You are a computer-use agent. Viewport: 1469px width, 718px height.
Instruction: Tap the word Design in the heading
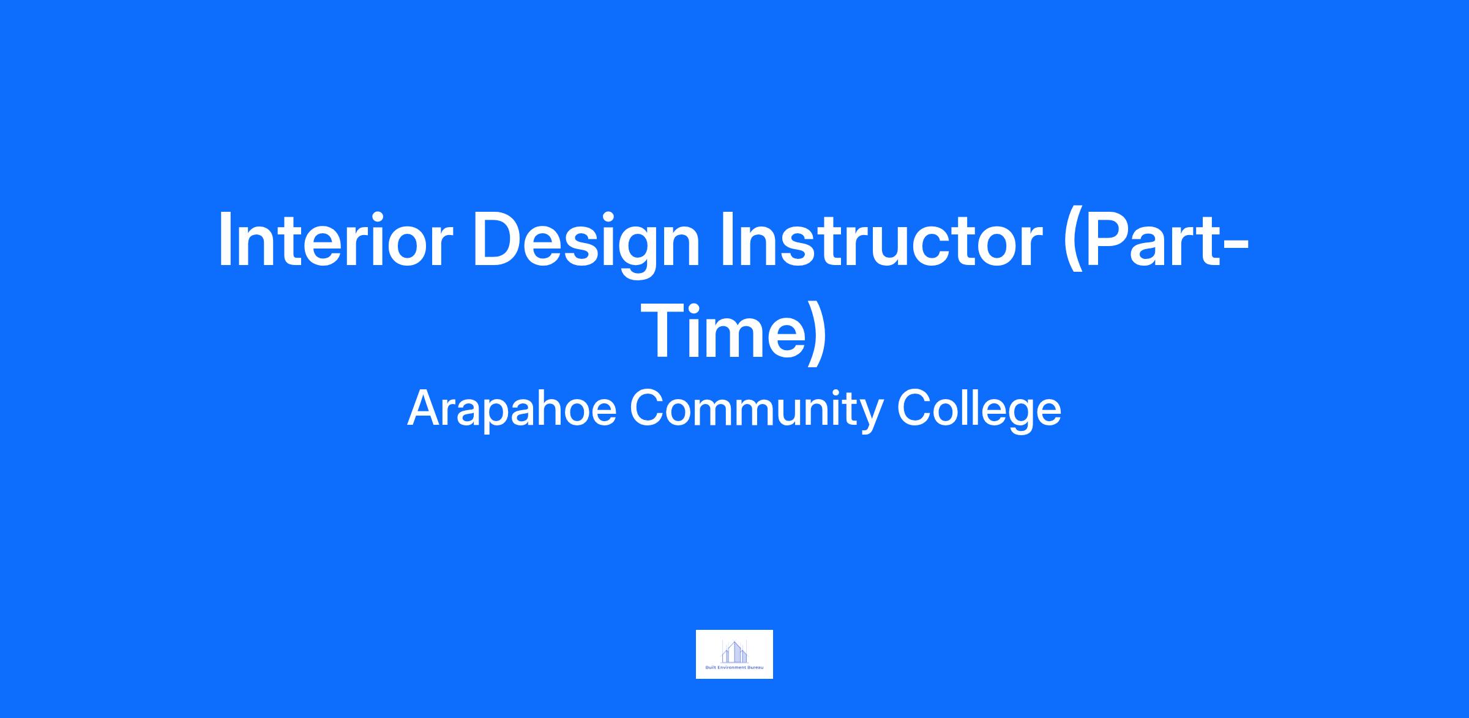click(x=586, y=245)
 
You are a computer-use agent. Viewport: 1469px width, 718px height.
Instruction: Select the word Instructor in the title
click(x=881, y=239)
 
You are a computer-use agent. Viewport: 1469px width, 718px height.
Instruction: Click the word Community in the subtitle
click(x=756, y=411)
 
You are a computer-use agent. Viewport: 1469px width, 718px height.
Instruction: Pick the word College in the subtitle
click(x=979, y=411)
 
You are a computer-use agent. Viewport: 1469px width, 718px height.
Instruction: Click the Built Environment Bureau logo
click(x=734, y=654)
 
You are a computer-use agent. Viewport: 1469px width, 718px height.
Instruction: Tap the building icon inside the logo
click(x=734, y=651)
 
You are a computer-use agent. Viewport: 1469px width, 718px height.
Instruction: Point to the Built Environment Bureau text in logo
click(x=734, y=668)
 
